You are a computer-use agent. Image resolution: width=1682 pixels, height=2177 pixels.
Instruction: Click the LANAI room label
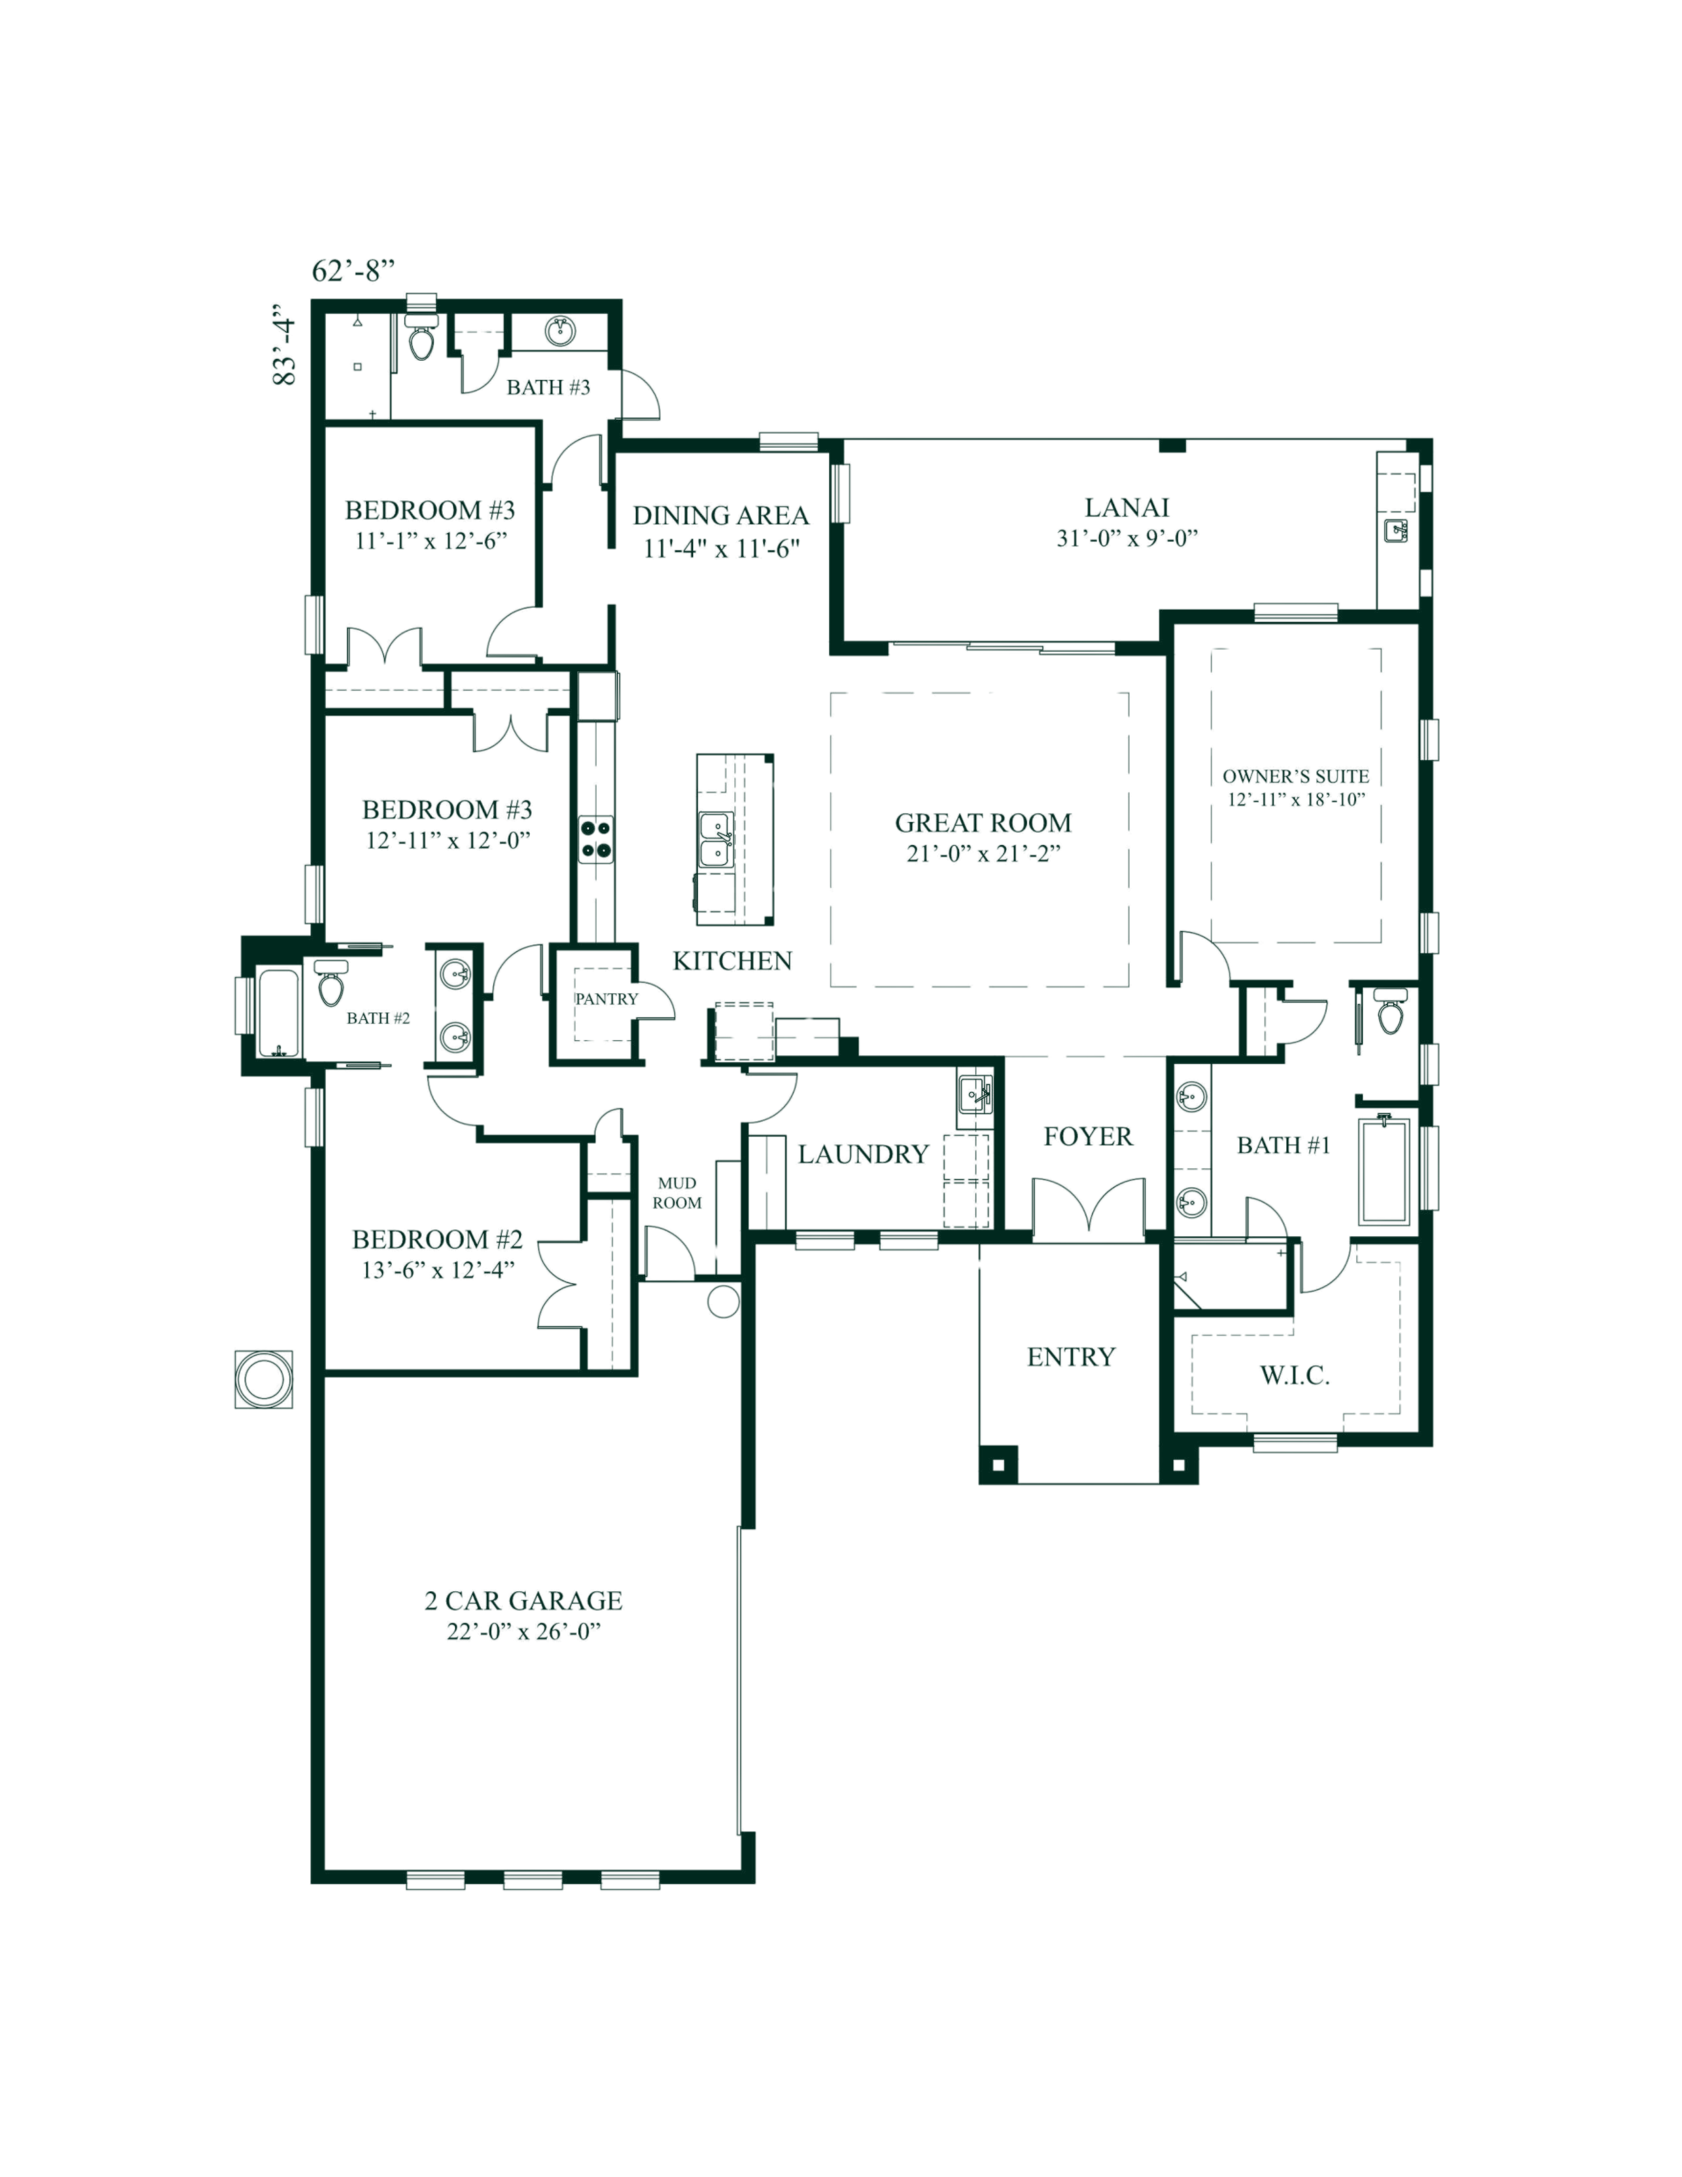click(1126, 507)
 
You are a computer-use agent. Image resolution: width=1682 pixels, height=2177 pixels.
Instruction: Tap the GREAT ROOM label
click(983, 823)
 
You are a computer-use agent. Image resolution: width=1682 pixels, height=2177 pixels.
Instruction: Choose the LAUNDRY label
click(863, 1154)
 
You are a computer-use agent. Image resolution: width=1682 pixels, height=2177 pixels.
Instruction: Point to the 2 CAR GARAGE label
click(523, 1602)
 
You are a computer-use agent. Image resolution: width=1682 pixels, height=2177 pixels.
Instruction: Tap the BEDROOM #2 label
click(437, 1240)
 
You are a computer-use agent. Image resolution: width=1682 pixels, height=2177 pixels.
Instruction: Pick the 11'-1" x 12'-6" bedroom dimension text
click(431, 541)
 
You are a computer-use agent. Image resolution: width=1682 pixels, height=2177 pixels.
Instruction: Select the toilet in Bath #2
click(329, 985)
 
